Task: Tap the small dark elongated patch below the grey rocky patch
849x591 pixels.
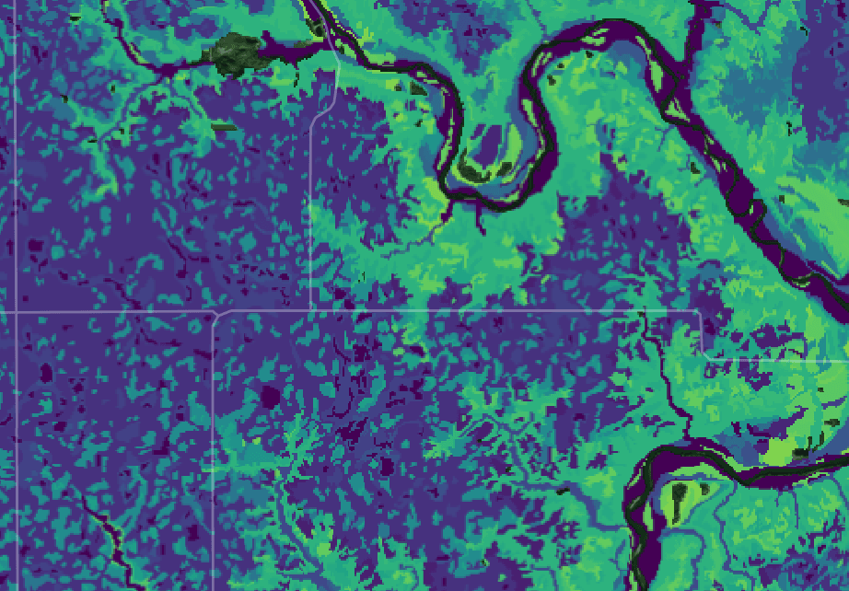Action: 225,127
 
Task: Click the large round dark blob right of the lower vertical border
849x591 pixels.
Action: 270,397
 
